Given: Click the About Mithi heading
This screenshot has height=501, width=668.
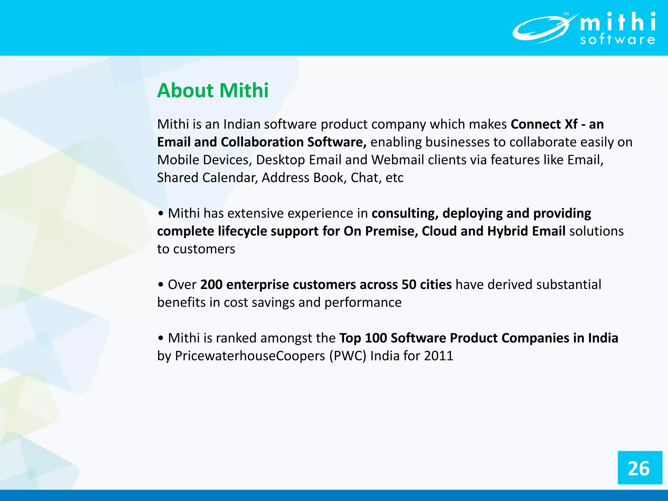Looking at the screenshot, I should point(213,90).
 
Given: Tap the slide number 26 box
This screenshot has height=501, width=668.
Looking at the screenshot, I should point(640,468).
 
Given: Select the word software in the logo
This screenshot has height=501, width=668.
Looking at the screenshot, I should point(617,40).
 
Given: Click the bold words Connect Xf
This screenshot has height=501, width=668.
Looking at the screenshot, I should point(544,124).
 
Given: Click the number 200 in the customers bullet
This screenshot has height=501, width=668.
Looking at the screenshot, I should point(211,285).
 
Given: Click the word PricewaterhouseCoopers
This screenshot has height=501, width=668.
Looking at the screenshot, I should point(250,356).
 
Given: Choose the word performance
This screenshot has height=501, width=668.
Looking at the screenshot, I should point(363,303).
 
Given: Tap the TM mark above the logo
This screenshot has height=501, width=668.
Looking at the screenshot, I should point(566,14).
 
